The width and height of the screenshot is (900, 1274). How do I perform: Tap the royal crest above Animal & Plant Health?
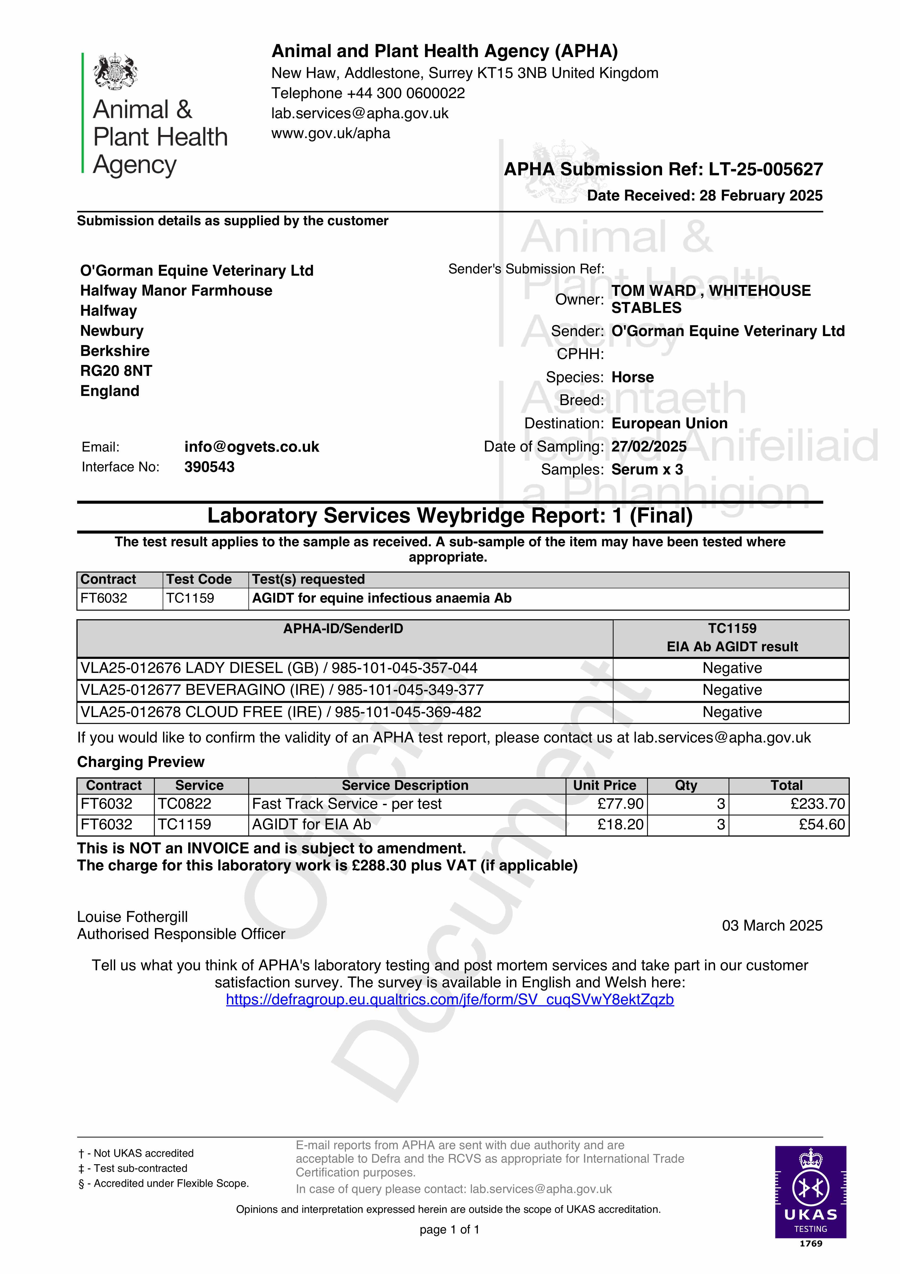coord(115,71)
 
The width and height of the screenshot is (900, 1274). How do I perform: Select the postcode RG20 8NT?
coord(116,371)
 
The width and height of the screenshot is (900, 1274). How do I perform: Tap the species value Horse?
coord(633,377)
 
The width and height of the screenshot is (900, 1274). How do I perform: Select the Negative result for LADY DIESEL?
coord(732,668)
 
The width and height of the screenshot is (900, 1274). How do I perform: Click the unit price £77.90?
coord(620,804)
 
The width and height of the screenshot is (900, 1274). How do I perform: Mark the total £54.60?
coord(821,825)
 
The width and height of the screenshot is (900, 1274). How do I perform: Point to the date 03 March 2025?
coord(772,925)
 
